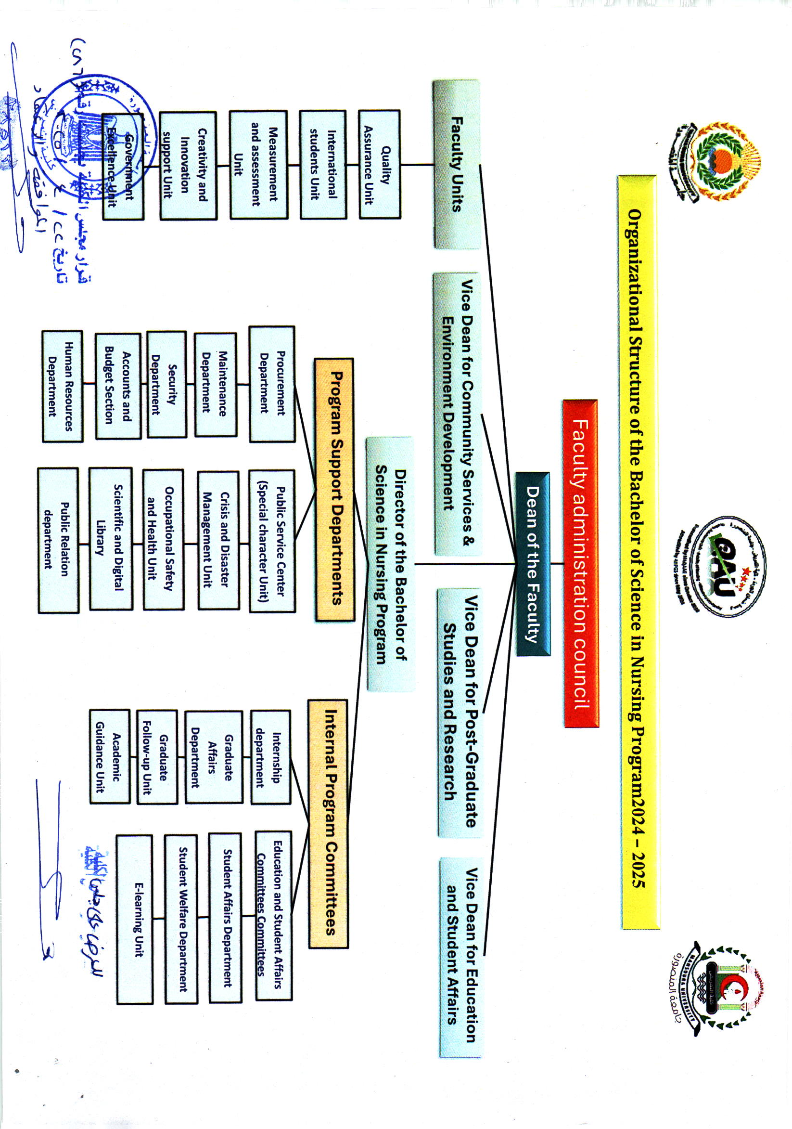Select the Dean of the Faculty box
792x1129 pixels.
533,563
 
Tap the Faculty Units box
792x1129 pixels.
456,164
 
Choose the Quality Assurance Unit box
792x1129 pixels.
379,164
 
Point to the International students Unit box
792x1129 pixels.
323,164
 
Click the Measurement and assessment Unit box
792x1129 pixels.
258,164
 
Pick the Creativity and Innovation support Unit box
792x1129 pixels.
188,164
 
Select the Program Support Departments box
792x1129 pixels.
334,489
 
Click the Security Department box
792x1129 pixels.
166,384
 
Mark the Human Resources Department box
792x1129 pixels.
63,386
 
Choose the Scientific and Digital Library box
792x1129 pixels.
111,538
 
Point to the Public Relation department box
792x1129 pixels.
58,540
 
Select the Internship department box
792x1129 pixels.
271,756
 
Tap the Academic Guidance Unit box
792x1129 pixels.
110,756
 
